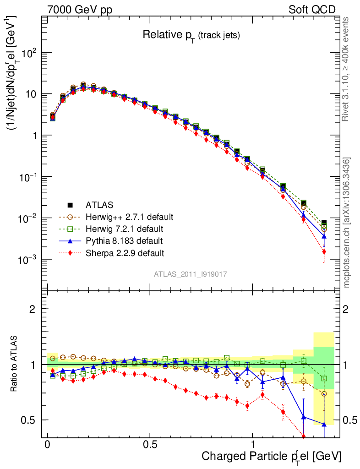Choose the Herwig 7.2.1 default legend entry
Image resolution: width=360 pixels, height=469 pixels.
click(x=125, y=228)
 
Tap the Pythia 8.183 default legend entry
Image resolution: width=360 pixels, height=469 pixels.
click(x=124, y=240)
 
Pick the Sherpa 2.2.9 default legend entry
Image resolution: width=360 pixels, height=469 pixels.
click(x=125, y=252)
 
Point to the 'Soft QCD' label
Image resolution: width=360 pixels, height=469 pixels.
click(x=312, y=10)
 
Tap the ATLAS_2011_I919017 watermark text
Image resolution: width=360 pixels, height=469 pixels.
click(x=191, y=274)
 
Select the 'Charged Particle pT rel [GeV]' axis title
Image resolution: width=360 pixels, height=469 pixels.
click(x=272, y=456)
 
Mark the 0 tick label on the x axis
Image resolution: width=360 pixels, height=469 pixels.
click(x=48, y=445)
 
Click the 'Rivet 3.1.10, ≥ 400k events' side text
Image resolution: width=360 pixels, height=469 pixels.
click(x=347, y=69)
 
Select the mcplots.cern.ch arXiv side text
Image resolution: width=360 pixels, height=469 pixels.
click(x=347, y=222)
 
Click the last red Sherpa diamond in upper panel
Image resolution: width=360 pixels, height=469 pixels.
click(x=324, y=251)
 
